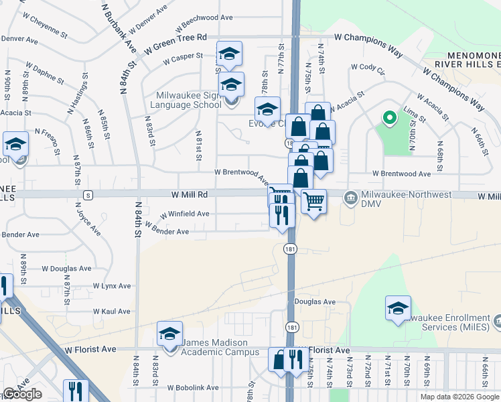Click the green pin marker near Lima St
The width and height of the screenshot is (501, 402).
[388, 118]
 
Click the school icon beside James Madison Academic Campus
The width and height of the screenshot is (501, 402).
[170, 334]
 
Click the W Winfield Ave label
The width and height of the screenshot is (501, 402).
[184, 214]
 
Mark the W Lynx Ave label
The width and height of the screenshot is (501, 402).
[112, 285]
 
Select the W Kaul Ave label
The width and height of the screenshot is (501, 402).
[112, 312]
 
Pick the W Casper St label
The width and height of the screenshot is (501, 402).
[182, 57]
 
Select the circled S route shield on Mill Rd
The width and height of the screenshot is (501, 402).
[88, 194]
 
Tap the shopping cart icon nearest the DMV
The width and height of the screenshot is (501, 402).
[313, 201]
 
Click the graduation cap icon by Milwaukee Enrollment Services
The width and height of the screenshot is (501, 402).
[398, 308]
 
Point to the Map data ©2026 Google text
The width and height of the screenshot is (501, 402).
[459, 397]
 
